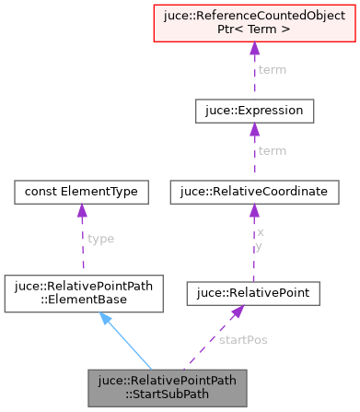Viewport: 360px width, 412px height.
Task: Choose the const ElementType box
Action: [x=82, y=192]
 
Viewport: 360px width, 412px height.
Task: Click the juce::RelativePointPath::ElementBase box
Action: [x=82, y=291]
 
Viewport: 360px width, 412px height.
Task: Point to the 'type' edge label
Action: [x=100, y=238]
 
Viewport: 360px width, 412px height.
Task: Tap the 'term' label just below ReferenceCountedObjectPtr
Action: [x=272, y=70]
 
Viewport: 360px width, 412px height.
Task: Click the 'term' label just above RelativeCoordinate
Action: [x=272, y=150]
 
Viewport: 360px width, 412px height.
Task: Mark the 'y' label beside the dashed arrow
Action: [x=261, y=246]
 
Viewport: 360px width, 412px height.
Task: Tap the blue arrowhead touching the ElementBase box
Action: [x=106, y=319]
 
